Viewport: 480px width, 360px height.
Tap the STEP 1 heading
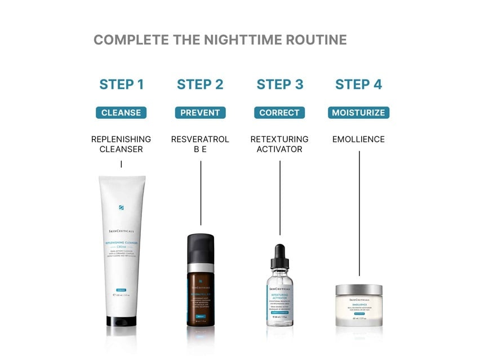tap(121, 85)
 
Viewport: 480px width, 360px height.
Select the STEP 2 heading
tap(200, 85)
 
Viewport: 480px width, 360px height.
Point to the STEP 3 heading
tap(280, 85)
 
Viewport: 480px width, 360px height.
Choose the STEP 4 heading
tap(358, 85)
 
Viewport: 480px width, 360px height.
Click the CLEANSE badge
tap(121, 113)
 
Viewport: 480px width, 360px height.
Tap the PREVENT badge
tap(200, 113)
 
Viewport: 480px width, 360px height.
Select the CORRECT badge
tap(279, 113)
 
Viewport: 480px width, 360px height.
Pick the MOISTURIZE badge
tap(358, 113)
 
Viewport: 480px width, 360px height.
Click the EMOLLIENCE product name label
tap(358, 139)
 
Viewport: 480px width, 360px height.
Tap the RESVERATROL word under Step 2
tap(200, 139)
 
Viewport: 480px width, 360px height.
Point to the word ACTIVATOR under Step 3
tap(279, 149)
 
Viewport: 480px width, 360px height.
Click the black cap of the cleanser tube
tap(121, 321)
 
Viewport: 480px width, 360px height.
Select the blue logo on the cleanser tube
tap(121, 207)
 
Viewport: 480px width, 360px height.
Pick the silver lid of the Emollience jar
tap(359, 290)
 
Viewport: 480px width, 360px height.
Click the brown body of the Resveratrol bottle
tap(201, 299)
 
